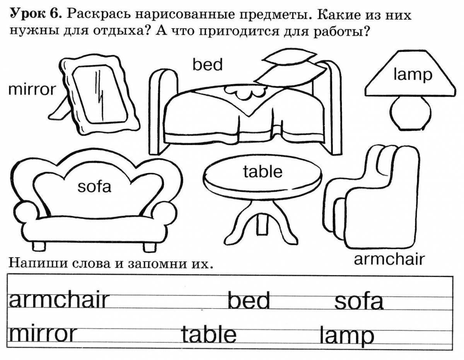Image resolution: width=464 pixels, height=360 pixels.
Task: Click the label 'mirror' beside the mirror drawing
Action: tap(32, 90)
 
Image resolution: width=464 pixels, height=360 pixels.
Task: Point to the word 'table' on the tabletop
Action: tap(263, 172)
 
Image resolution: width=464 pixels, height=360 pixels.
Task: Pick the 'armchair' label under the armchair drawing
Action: tap(389, 260)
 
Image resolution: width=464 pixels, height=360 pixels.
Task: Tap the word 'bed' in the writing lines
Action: tap(249, 300)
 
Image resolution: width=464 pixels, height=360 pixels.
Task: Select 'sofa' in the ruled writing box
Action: tap(358, 301)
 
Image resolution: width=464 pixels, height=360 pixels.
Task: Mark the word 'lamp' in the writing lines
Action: tap(347, 336)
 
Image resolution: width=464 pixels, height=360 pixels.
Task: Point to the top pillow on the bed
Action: tap(290, 56)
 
